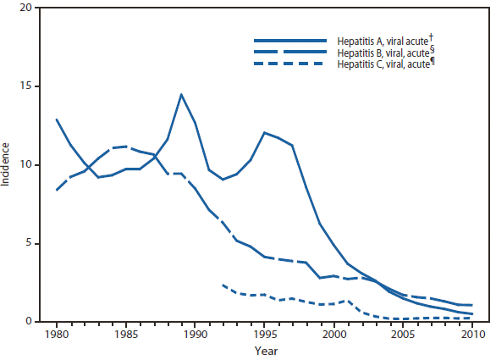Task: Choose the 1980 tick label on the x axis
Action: coord(57,334)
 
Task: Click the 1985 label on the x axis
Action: coord(126,334)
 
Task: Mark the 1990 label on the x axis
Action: coord(196,334)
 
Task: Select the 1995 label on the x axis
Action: coord(265,334)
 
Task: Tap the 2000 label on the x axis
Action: coord(334,334)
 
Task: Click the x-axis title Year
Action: coord(264,349)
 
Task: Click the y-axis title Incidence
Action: coord(8,165)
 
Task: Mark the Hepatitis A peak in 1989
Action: coord(181,94)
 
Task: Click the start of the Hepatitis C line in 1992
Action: coord(223,285)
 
